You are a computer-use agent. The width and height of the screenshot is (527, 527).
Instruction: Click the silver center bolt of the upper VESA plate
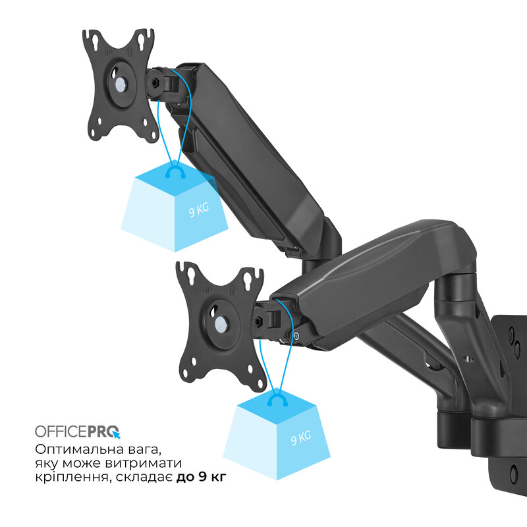pos(120,84)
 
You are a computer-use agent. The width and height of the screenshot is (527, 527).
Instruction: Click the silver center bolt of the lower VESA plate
pos(221,325)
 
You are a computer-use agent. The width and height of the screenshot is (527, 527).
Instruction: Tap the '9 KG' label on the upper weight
pos(199,209)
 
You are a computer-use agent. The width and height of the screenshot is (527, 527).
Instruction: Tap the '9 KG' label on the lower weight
pos(301,438)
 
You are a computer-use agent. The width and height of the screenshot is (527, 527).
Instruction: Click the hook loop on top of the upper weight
pos(175,172)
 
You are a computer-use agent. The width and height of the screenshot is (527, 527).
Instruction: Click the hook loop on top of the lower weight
pos(277,400)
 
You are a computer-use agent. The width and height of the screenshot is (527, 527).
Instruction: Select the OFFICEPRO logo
pos(78,431)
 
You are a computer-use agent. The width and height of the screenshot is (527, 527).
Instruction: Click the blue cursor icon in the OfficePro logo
pos(117,435)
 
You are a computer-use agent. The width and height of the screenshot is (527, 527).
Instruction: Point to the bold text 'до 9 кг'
pos(202,477)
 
